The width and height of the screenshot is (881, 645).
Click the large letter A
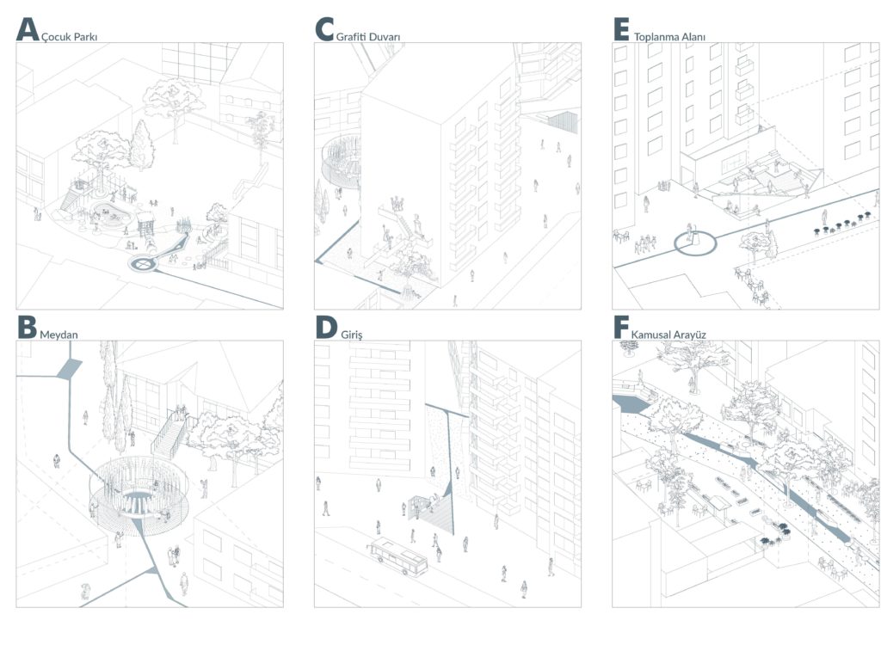(x=28, y=29)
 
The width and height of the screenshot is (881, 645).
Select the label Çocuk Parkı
(x=70, y=37)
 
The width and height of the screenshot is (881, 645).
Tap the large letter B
(x=27, y=327)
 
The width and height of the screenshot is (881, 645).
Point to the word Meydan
(x=59, y=335)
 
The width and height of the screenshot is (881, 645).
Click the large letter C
(x=324, y=29)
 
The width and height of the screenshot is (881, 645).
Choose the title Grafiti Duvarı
(x=368, y=36)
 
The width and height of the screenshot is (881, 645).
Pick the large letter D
(x=326, y=327)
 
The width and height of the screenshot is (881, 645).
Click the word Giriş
(x=352, y=335)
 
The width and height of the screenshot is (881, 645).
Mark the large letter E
(x=621, y=29)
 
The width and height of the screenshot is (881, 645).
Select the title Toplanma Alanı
(x=669, y=37)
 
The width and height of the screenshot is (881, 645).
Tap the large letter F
(x=621, y=327)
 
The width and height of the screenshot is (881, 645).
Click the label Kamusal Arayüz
(x=668, y=335)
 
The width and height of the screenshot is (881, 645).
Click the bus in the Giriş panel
(x=397, y=556)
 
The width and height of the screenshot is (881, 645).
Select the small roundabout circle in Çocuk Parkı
(x=144, y=262)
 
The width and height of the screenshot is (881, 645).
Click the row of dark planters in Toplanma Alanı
(x=841, y=223)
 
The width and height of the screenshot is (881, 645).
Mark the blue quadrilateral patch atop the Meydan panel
(x=69, y=369)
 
